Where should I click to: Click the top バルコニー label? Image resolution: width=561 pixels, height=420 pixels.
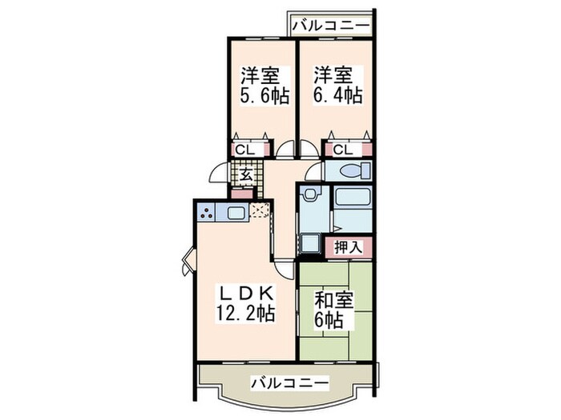331,26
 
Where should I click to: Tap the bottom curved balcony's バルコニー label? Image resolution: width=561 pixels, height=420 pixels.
289,383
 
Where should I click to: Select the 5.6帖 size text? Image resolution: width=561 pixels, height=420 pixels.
260,95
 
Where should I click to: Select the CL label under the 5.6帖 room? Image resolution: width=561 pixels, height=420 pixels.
245,149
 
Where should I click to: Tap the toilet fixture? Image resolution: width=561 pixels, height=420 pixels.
353,170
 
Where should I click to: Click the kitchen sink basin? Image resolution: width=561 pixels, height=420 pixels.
236,213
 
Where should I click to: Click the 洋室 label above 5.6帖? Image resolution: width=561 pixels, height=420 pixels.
260,76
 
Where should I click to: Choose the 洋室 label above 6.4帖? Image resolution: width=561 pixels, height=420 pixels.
334,76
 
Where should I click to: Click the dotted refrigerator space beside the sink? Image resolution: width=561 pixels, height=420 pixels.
260,211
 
